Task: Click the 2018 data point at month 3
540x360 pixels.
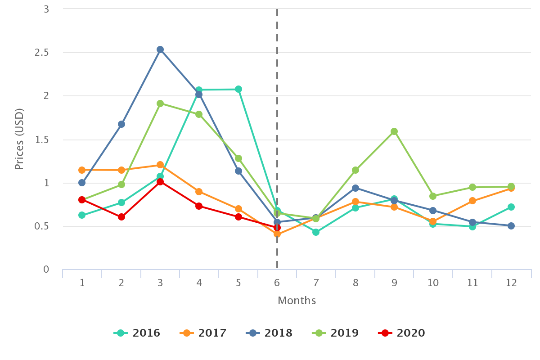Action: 160,49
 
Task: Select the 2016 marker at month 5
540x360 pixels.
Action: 238,89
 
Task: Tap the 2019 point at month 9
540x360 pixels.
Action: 394,131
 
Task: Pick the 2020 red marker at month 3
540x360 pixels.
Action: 160,182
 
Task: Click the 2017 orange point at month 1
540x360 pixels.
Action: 82,170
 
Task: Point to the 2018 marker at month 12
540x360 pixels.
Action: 511,226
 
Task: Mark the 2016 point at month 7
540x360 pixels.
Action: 316,232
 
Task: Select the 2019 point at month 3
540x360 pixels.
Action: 160,103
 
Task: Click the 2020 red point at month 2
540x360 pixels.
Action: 121,217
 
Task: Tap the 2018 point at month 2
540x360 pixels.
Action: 121,124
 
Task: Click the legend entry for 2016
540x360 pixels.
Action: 137,333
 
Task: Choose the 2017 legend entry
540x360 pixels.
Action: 203,333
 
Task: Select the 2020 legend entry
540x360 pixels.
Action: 402,333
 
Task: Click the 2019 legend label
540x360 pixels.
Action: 336,333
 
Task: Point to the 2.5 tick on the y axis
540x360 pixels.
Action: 42,53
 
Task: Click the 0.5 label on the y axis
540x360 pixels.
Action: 42,226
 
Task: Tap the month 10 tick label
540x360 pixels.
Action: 433,283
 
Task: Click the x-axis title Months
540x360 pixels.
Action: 297,301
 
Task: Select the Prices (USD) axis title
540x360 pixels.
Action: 19,139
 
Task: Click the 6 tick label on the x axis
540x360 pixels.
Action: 277,283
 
